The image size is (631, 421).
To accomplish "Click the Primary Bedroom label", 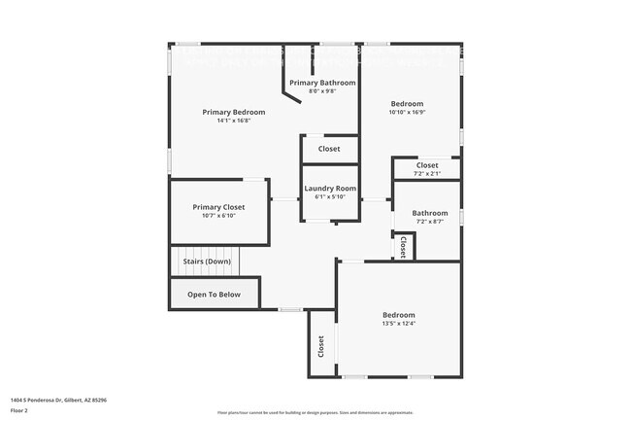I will tap(233, 112).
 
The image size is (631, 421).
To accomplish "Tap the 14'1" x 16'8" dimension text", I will tap(233, 122).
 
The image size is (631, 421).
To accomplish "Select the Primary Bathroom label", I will tap(322, 83).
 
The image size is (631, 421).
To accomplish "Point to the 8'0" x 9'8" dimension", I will tap(322, 91).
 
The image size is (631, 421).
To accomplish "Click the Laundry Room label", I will tap(330, 188).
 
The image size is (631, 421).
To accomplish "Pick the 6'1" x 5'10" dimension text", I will tap(330, 196).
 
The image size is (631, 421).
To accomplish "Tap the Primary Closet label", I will tap(218, 207).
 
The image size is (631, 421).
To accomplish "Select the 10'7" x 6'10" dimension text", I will tap(218, 216).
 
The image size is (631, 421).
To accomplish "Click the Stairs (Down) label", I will tap(207, 262).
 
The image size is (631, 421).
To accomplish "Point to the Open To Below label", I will tap(214, 294).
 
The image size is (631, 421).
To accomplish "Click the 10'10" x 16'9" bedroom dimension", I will tap(408, 112).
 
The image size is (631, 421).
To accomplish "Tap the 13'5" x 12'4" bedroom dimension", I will tap(398, 324).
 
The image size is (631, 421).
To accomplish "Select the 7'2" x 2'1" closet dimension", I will tap(427, 173).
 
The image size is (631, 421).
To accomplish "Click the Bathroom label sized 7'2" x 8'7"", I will tap(429, 213).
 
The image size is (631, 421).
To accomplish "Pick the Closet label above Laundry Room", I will tap(329, 149).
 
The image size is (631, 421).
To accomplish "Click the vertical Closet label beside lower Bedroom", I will tap(321, 346).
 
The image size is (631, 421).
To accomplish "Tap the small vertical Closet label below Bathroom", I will tap(403, 248).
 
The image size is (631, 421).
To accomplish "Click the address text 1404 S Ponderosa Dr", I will tap(58, 400).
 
